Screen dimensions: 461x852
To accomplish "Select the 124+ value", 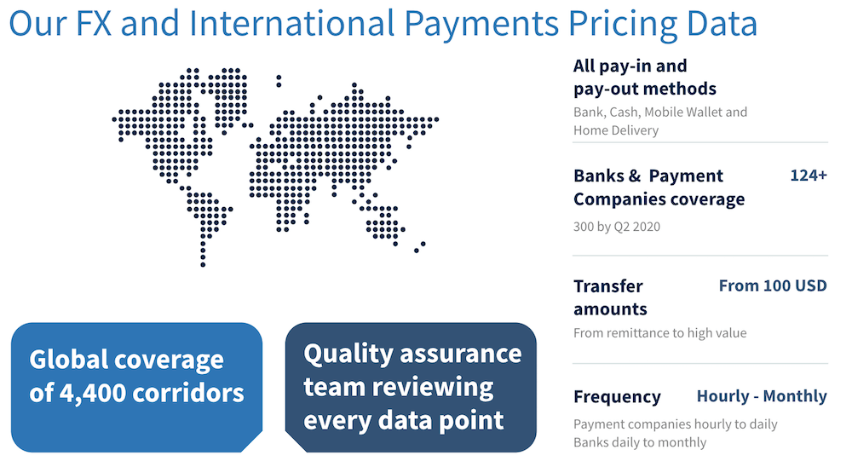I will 808,176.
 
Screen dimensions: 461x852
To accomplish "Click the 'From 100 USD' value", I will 773,285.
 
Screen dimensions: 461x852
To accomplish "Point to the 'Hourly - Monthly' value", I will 762,396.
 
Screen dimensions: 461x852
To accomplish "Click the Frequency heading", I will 617,397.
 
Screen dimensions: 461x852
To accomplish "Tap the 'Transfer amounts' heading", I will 610,297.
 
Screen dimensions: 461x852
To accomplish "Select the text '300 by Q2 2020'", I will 617,227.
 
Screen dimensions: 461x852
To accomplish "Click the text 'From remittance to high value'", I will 659,333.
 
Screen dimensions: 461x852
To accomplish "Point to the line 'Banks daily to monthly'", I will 640,442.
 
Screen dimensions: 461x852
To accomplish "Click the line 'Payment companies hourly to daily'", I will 675,424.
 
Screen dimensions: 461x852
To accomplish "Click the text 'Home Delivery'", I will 616,130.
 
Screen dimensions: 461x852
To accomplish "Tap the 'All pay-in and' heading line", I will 630,66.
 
